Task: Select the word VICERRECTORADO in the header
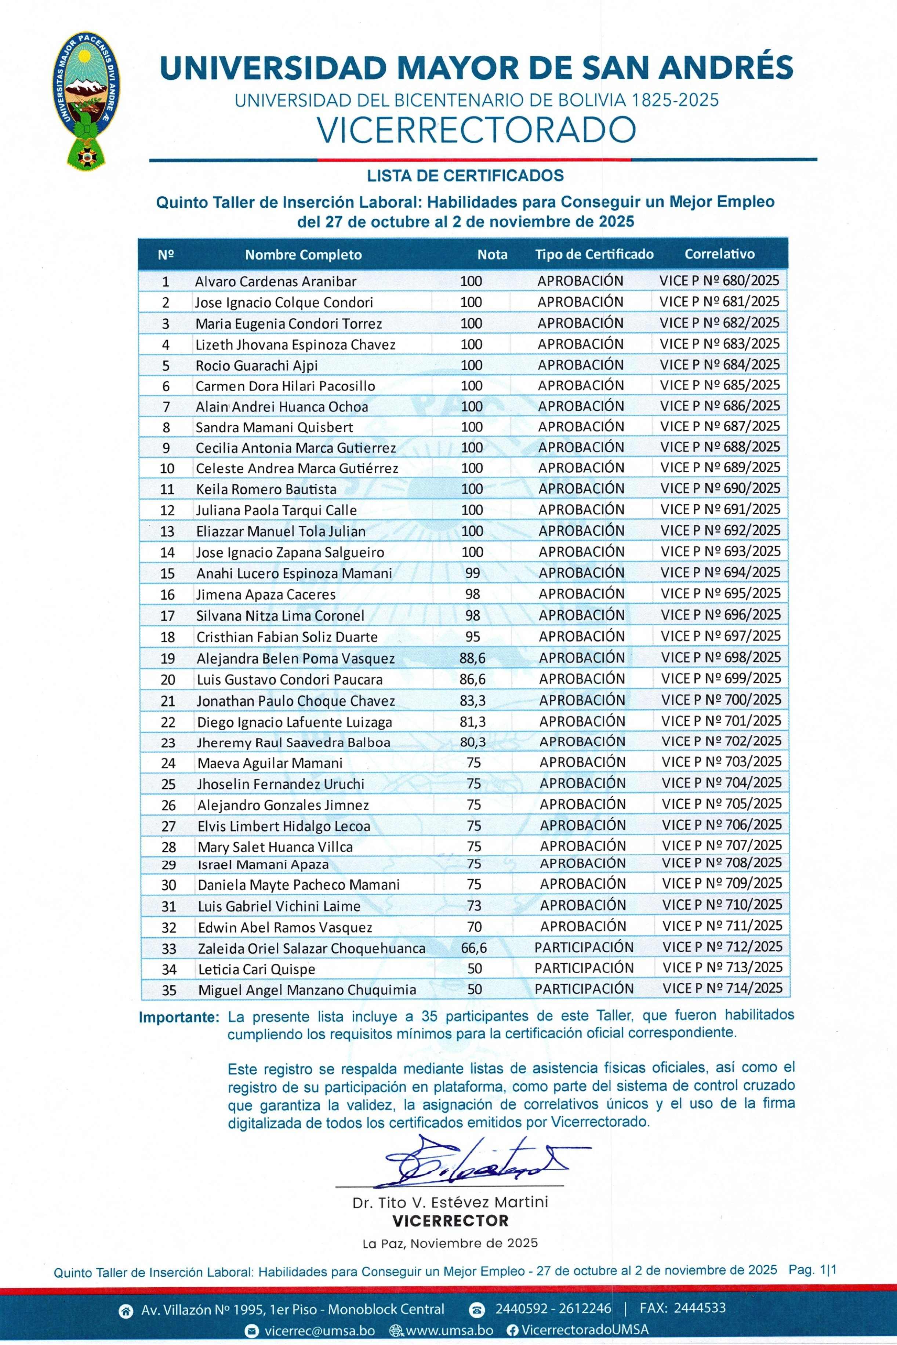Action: [x=476, y=130]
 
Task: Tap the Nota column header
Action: [x=492, y=254]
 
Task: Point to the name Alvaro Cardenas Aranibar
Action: [x=275, y=281]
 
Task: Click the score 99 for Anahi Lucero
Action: [x=472, y=573]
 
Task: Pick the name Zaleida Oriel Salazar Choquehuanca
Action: [x=311, y=949]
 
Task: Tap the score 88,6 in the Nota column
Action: [x=472, y=658]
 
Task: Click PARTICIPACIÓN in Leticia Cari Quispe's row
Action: [x=584, y=968]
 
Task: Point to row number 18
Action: [x=167, y=637]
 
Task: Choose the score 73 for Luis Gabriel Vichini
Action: [x=474, y=906]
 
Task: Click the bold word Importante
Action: [x=178, y=1018]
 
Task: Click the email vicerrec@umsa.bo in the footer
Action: [x=319, y=1331]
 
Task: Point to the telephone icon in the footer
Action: [x=476, y=1309]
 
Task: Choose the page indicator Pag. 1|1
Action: [x=812, y=1270]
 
